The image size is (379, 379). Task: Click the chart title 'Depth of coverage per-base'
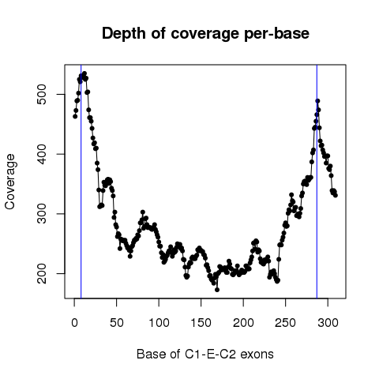point(205,34)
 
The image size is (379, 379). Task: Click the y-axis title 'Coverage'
point(10,182)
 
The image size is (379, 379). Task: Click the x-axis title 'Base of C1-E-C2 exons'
point(205,354)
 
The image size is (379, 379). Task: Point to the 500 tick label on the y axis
point(42,94)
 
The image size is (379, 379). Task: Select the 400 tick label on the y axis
point(42,154)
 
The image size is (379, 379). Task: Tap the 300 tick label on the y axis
point(42,214)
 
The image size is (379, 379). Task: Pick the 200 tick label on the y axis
point(42,273)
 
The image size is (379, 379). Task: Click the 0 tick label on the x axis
point(74,323)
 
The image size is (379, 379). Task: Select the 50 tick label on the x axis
point(117,323)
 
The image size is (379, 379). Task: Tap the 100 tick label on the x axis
point(159,323)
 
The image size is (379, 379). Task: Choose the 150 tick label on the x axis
point(201,323)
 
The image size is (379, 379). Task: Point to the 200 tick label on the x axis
point(243,323)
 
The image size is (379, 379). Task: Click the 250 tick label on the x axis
point(286,323)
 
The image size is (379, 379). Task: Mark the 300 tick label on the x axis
point(328,323)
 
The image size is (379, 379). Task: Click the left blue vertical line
point(81,182)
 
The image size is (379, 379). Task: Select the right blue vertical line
point(317,182)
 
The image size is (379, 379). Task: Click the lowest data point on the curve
point(217,290)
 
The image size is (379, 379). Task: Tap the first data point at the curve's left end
point(75,116)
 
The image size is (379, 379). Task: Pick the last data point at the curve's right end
point(336,195)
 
